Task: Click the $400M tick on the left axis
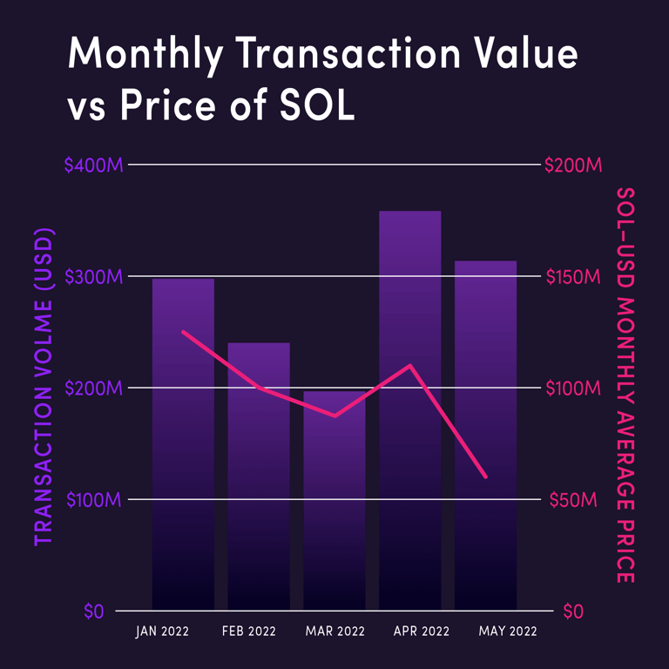point(93,165)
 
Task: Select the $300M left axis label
point(93,276)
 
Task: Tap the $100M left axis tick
point(93,500)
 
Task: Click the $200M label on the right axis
point(573,165)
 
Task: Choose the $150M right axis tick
point(572,276)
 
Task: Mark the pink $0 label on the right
point(571,612)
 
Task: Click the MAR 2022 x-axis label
point(334,631)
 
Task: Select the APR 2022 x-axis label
point(410,631)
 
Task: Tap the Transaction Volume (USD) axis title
point(44,387)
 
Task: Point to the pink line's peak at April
point(410,365)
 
